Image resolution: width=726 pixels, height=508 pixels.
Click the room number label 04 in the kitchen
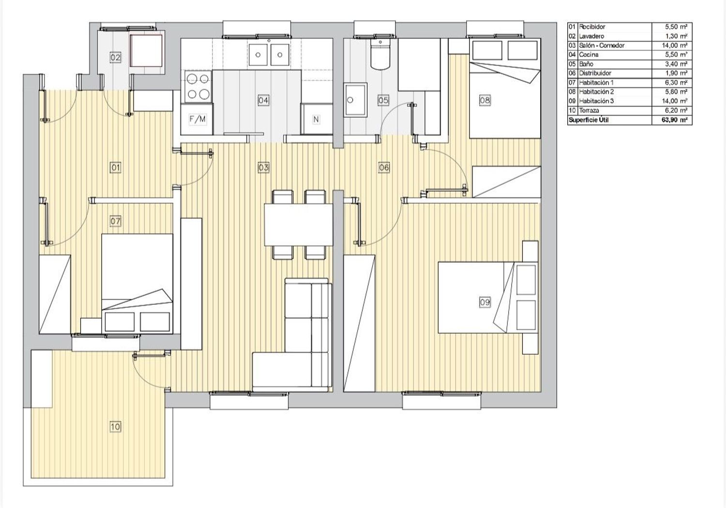coord(263,100)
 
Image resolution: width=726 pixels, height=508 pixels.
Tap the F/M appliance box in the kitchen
coord(197,119)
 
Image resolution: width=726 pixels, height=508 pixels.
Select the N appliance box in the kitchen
coord(317,119)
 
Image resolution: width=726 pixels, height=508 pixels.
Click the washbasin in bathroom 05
coord(356,100)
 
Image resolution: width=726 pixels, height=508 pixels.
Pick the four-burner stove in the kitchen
coord(198,87)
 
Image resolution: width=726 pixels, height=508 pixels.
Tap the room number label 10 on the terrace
coord(115,427)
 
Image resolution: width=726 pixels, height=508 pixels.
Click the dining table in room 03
coord(299,224)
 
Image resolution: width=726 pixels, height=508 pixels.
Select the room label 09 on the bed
coord(484,302)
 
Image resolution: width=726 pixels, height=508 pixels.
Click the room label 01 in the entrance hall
coord(115,167)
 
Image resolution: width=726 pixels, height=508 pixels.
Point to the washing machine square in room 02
coord(146,51)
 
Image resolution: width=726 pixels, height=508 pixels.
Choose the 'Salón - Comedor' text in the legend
coord(602,45)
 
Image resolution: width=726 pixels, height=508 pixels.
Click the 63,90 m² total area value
coord(675,120)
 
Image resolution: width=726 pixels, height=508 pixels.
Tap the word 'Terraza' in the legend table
coord(589,110)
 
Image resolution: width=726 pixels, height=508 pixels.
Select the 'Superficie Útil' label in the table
coord(588,120)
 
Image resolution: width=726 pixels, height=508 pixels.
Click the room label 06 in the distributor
coord(384,167)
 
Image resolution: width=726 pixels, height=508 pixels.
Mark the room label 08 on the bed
coord(484,100)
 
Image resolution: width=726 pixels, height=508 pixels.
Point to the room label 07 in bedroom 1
coord(115,221)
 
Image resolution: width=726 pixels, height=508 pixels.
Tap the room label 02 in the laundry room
coord(115,58)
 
